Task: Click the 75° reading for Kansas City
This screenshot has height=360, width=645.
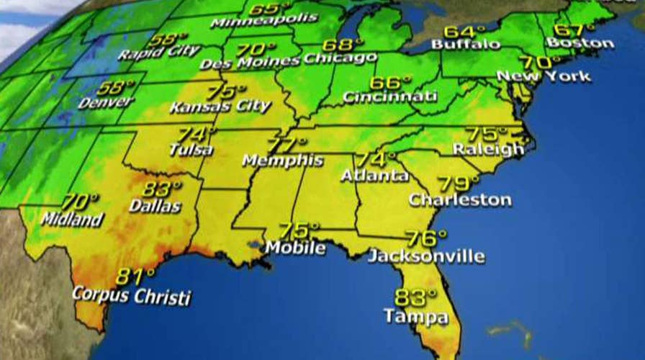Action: click(222, 92)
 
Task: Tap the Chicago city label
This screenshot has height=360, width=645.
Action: click(340, 58)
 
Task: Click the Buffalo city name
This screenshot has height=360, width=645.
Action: click(466, 45)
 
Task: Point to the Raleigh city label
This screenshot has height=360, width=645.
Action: click(489, 149)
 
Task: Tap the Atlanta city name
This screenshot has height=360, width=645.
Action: click(374, 175)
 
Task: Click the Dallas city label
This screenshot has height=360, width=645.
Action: click(155, 205)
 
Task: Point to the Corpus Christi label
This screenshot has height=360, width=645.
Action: click(132, 296)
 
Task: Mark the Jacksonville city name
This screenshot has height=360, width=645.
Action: click(426, 256)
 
